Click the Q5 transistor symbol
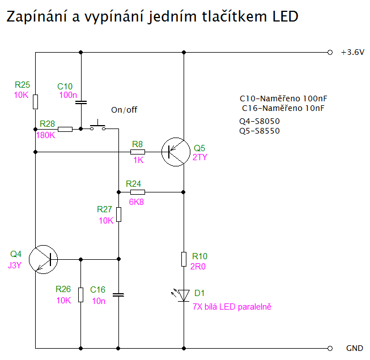click(x=174, y=152)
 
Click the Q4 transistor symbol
click(x=43, y=260)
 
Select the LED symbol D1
click(x=184, y=294)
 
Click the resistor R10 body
click(x=184, y=259)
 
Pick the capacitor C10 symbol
click(x=81, y=102)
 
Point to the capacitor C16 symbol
click(x=118, y=294)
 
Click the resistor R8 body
click(x=138, y=152)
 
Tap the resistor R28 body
click(x=65, y=129)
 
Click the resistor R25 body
click(x=35, y=101)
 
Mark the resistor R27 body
click(x=118, y=215)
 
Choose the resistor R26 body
click(x=80, y=294)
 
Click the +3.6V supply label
click(x=352, y=53)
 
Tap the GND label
click(x=354, y=348)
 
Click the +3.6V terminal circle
click(x=330, y=53)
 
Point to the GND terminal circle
click(x=330, y=348)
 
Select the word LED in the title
click(x=284, y=16)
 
